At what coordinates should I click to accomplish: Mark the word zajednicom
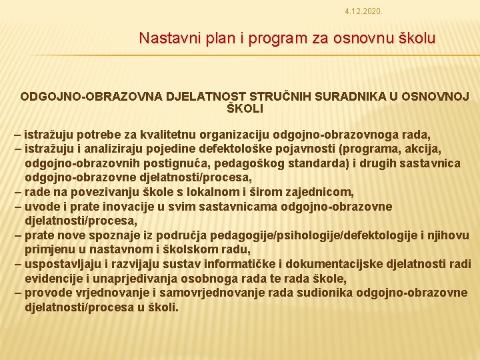319,192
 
